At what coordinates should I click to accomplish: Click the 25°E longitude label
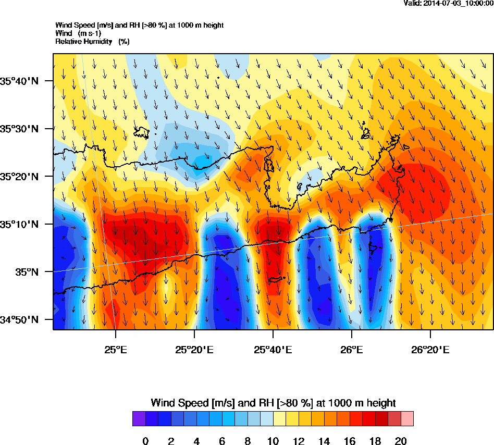(x=116, y=349)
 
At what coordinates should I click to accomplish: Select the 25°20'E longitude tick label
(x=194, y=349)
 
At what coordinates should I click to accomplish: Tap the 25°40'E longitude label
(x=273, y=349)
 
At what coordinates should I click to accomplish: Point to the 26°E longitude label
(x=352, y=349)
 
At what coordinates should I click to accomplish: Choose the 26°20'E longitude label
(x=430, y=349)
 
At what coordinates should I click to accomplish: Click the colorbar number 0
(x=145, y=441)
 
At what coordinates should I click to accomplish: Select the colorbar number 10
(x=273, y=441)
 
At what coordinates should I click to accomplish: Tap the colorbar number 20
(x=401, y=441)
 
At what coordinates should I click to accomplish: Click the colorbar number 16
(x=350, y=441)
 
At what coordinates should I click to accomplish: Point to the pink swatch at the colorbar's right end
(x=407, y=418)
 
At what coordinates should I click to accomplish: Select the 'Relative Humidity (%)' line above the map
(x=92, y=41)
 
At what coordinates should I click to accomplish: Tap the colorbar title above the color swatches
(x=273, y=403)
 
